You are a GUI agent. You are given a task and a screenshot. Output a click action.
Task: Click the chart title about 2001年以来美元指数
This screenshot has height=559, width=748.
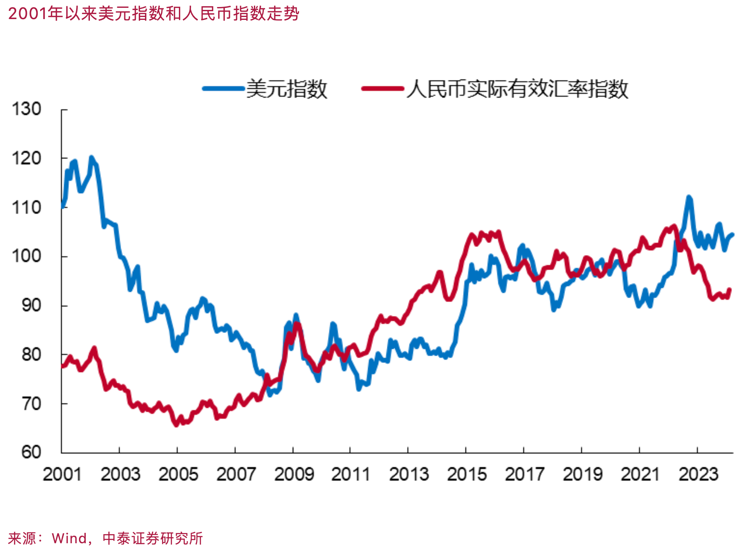click(153, 14)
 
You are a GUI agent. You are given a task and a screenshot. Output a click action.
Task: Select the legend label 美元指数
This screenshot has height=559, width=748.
click(287, 89)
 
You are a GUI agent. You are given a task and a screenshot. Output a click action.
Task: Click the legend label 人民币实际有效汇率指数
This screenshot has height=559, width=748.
click(517, 89)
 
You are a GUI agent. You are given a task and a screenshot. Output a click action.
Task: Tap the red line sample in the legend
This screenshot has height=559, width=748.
click(382, 88)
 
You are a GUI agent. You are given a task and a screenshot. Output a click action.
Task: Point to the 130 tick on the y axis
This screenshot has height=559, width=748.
click(27, 109)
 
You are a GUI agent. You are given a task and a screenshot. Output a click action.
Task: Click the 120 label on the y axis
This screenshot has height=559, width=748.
click(27, 158)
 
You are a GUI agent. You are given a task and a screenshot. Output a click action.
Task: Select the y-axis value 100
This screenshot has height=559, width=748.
click(27, 256)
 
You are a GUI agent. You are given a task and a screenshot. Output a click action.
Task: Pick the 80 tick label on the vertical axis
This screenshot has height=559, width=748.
click(31, 355)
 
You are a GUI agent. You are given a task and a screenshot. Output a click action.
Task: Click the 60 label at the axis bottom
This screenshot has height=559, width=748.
click(31, 452)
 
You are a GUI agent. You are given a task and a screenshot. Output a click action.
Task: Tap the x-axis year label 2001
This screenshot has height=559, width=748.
click(62, 474)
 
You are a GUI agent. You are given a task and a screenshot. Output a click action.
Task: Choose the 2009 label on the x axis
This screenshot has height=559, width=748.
click(294, 474)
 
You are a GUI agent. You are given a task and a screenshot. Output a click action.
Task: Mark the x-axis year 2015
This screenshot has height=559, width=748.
click(467, 474)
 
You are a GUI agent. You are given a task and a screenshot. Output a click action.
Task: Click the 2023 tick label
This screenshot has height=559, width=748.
click(698, 474)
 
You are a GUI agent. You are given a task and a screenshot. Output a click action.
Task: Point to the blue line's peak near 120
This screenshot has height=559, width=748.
click(91, 158)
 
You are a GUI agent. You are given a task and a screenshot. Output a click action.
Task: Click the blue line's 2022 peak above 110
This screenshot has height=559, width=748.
click(689, 197)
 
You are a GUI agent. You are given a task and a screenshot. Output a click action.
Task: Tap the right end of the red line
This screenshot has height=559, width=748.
click(729, 290)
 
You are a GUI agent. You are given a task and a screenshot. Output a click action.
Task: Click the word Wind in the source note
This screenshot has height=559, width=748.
click(69, 538)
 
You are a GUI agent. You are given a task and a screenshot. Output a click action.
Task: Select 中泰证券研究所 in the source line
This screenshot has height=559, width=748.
click(152, 538)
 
